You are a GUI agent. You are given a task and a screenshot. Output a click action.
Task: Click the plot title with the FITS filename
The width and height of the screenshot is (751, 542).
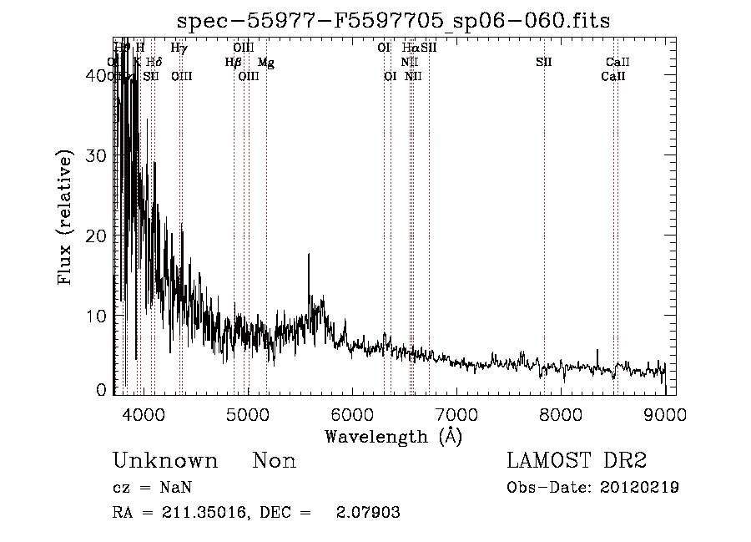tap(394, 22)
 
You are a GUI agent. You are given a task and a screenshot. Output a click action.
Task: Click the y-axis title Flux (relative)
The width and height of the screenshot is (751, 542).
tap(66, 217)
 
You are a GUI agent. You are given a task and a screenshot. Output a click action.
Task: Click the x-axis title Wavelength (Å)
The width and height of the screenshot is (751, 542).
tap(393, 436)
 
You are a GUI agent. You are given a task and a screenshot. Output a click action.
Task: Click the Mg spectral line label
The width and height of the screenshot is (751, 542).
tap(265, 63)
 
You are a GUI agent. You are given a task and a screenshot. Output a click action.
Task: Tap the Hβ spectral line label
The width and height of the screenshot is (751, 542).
tap(233, 63)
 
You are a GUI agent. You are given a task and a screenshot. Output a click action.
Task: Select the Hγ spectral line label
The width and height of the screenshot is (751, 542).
tap(179, 48)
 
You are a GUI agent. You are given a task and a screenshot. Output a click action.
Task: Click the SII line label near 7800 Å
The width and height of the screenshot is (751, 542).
tap(544, 63)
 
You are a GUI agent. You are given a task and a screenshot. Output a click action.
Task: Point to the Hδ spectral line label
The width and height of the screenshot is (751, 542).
tap(154, 63)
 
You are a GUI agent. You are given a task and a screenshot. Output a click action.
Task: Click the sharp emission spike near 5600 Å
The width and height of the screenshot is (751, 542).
tap(309, 256)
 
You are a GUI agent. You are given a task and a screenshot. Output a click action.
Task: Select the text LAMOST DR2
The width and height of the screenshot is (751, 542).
tap(577, 461)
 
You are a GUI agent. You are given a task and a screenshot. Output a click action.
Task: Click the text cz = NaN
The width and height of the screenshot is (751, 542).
tap(154, 488)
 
